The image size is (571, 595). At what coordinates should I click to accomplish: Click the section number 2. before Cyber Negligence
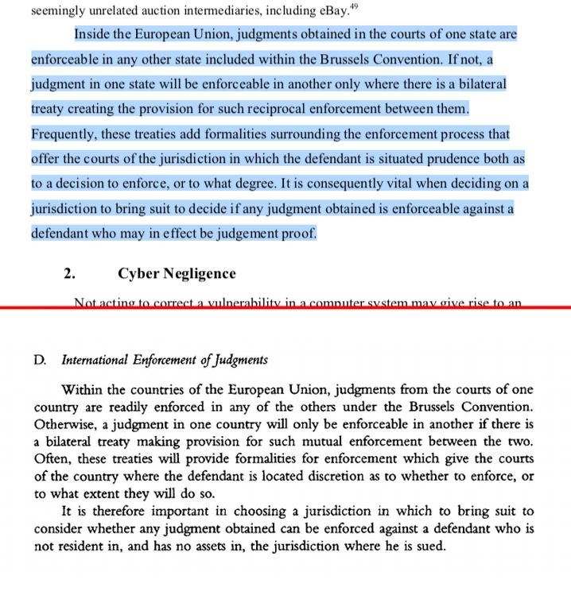pos(70,273)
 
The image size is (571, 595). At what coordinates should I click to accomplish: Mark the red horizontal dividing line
pos(285,307)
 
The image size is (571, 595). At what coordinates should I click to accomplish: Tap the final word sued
pos(430,547)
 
